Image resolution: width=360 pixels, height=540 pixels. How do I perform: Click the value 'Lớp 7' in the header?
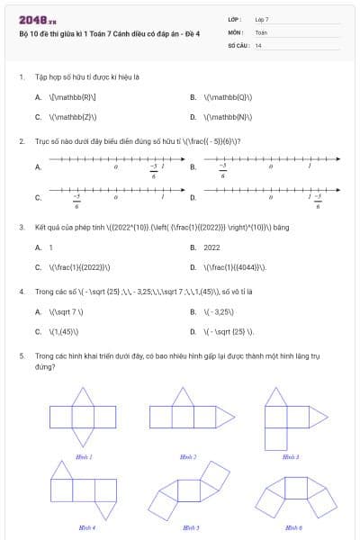262,19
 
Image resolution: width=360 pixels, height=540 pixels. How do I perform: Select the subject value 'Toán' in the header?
261,31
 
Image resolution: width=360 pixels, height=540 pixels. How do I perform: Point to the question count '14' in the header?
258,44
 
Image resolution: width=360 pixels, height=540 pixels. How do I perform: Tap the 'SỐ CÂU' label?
238,44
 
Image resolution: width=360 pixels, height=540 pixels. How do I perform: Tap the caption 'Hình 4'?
85,526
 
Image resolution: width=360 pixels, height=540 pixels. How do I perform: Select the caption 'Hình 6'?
292,526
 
